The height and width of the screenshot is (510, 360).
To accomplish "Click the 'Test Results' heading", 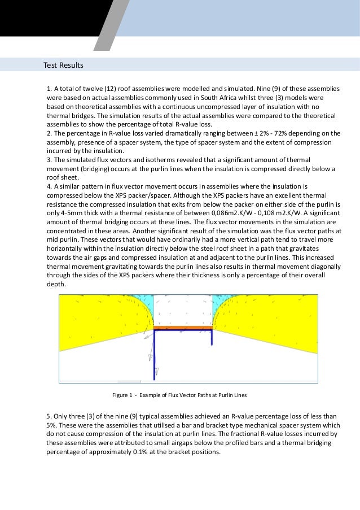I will point(63,66).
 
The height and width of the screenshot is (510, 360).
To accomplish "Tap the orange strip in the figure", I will point(182,327).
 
